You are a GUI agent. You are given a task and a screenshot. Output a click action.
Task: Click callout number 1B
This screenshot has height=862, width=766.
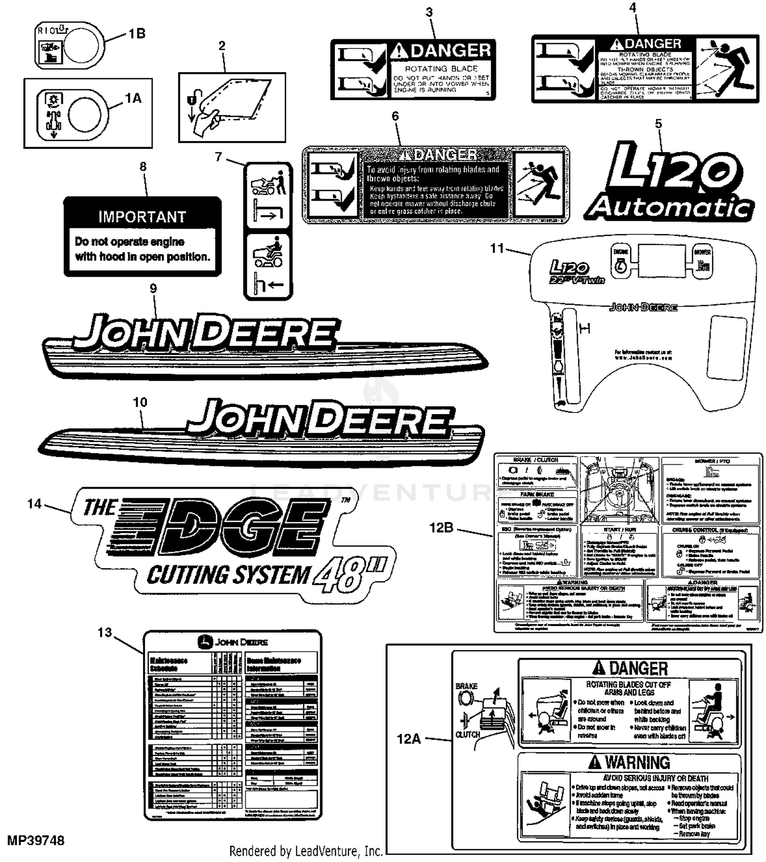[136, 34]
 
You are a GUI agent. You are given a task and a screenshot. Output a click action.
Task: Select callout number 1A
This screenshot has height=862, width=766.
[133, 98]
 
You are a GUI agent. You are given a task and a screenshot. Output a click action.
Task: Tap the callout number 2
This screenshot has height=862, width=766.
[222, 46]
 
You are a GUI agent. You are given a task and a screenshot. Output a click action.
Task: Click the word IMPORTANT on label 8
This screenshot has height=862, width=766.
[142, 217]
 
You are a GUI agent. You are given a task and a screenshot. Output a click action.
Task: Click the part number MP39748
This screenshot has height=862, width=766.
[36, 841]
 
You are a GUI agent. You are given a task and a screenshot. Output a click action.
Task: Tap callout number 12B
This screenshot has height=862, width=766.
[441, 528]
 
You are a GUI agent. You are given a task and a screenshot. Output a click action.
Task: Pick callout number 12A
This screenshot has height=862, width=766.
[409, 739]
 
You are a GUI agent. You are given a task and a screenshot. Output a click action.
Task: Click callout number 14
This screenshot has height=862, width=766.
[34, 504]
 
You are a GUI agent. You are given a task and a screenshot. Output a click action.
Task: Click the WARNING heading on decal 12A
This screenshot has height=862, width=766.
[637, 762]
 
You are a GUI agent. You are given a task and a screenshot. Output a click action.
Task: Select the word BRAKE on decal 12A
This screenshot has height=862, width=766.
[466, 686]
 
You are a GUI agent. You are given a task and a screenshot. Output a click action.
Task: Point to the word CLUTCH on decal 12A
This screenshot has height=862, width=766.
[467, 734]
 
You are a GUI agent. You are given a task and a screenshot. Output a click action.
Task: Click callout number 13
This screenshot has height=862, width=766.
[104, 633]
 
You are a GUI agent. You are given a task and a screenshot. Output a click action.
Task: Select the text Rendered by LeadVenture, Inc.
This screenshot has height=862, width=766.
[306, 851]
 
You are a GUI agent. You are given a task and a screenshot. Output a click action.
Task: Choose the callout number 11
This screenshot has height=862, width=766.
[497, 249]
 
